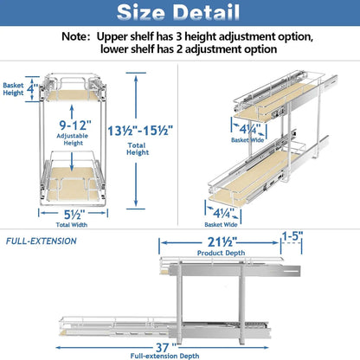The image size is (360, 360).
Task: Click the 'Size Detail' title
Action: pyautogui.click(x=180, y=14)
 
